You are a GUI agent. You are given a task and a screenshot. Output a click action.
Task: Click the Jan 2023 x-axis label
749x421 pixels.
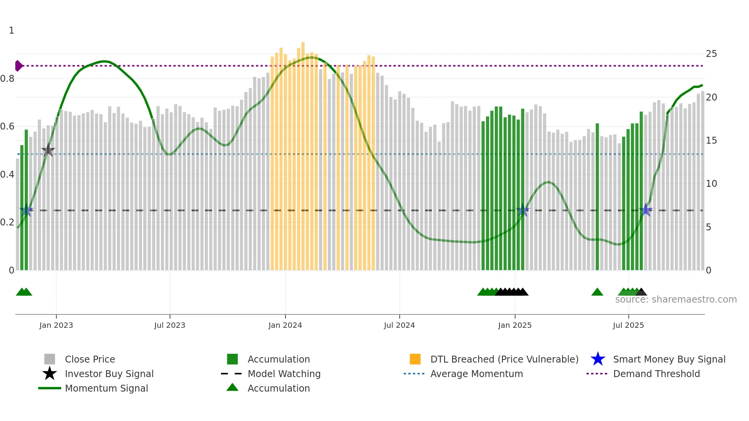click(56, 325)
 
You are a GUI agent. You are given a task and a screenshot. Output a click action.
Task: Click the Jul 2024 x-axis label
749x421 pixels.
click(399, 325)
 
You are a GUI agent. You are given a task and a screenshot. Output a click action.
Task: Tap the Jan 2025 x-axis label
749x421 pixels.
click(515, 325)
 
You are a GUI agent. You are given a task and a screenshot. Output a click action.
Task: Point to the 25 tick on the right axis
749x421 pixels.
click(711, 54)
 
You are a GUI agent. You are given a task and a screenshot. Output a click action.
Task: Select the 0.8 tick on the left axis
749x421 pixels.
click(7, 79)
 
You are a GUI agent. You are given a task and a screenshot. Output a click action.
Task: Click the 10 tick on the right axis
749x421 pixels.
click(711, 184)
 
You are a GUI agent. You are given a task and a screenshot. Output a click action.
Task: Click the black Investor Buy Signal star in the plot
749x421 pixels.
click(48, 150)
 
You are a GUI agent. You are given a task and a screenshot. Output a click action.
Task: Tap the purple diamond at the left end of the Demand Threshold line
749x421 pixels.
click(18, 66)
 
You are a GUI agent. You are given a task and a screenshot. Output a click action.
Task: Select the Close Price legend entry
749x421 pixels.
click(90, 359)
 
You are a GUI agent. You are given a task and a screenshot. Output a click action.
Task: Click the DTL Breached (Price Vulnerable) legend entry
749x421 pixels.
click(504, 359)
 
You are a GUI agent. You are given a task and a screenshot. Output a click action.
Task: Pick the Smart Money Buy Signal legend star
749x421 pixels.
click(598, 359)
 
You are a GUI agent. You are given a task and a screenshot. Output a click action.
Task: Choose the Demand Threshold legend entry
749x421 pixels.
click(656, 374)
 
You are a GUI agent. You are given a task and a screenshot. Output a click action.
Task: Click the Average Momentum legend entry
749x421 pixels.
click(476, 374)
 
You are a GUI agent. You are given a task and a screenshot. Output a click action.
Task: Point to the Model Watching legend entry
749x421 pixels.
click(284, 374)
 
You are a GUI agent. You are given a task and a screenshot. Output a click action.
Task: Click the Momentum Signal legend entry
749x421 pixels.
click(106, 388)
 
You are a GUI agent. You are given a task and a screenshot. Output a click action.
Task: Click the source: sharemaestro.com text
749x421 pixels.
click(676, 300)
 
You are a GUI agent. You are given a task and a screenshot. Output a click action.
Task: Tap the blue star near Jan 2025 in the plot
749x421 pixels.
click(523, 210)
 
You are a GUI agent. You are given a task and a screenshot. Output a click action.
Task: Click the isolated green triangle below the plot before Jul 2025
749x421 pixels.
click(597, 292)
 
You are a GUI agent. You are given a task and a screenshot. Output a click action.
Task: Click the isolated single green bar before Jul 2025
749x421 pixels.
click(597, 197)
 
